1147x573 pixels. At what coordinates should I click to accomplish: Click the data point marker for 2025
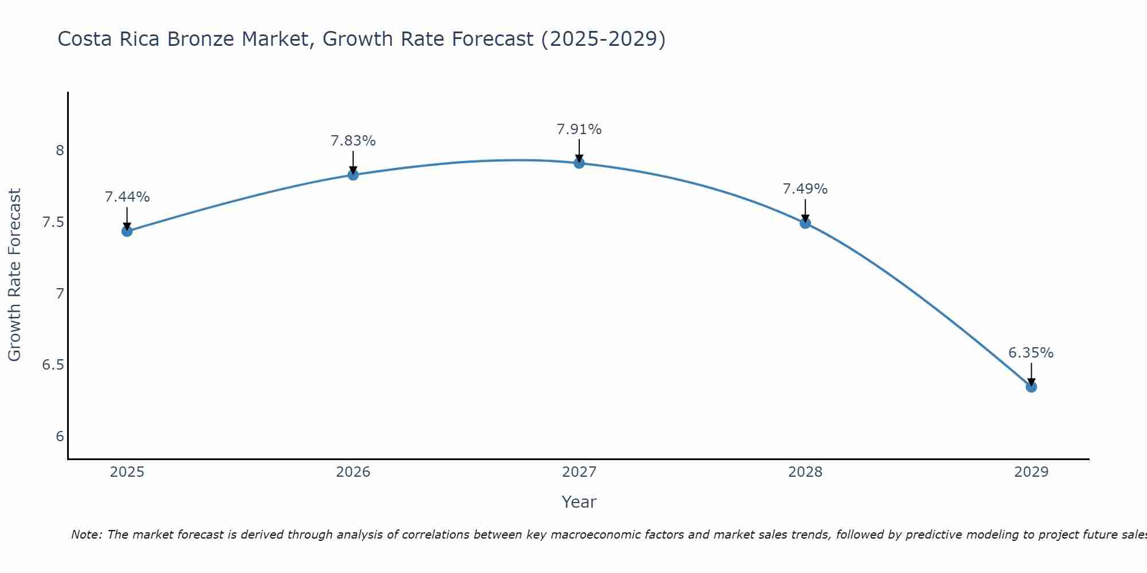[127, 231]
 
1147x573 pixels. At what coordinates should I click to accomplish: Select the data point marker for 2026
[353, 175]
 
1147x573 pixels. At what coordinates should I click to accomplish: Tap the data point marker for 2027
[579, 163]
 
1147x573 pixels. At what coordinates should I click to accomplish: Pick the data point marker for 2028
[805, 223]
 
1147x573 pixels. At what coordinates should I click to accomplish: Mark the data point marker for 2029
[1031, 387]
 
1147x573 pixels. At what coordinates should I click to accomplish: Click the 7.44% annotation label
[127, 197]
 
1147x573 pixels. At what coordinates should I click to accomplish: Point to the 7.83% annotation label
[353, 141]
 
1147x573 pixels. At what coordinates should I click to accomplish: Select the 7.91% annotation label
[579, 129]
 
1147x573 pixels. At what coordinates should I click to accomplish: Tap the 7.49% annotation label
[805, 189]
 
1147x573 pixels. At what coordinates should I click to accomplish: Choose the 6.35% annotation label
[1031, 353]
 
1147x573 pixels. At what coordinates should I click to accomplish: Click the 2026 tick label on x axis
[353, 472]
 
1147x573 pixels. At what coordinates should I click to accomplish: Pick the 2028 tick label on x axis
[805, 472]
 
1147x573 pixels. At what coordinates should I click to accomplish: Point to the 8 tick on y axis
[60, 151]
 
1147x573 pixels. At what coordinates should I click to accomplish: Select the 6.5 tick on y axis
[53, 365]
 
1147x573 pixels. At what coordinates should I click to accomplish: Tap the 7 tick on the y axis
[60, 294]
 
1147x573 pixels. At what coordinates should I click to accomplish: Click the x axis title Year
[579, 502]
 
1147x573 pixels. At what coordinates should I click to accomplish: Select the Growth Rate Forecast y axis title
[15, 275]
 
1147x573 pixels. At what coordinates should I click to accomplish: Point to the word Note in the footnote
[86, 535]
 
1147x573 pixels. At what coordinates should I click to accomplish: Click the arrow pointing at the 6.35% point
[1031, 375]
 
